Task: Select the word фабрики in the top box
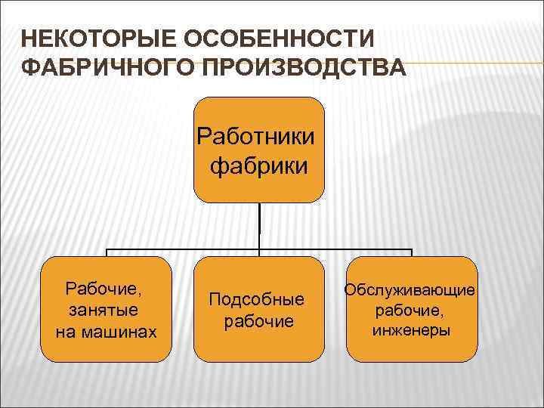click(x=259, y=165)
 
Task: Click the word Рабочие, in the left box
click(x=107, y=289)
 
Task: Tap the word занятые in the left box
click(x=107, y=310)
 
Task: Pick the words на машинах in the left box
click(x=107, y=331)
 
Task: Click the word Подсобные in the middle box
click(x=259, y=299)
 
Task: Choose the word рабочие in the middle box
click(x=259, y=321)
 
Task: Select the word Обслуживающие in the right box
click(x=411, y=289)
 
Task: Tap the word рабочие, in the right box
click(x=411, y=310)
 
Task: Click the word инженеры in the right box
click(x=411, y=330)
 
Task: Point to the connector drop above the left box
click(x=107, y=253)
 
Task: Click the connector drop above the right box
click(x=412, y=253)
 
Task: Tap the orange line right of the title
click(x=468, y=63)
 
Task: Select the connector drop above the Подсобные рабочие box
click(x=259, y=253)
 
